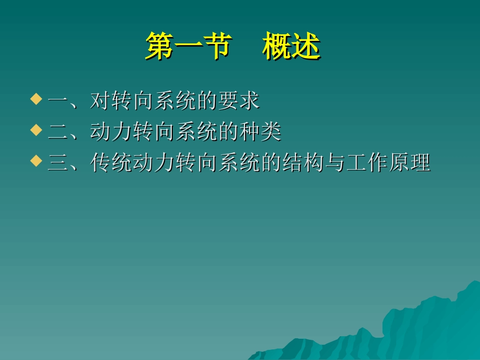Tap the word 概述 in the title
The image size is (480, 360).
[291, 47]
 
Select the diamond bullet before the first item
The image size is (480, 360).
[35, 98]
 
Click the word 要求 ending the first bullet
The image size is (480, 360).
[238, 101]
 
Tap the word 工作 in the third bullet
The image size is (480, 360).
[366, 163]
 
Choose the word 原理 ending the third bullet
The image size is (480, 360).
[409, 163]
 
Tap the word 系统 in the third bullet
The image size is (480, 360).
[238, 163]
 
